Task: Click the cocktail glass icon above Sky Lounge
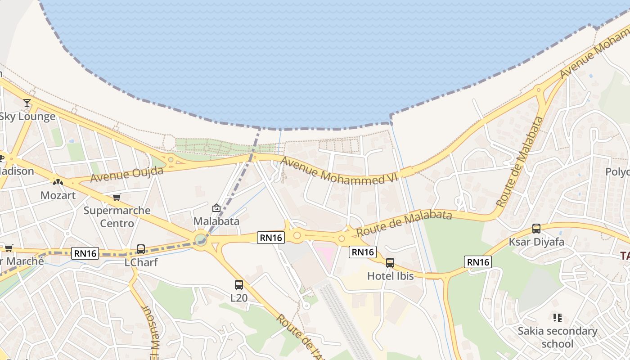tap(27, 103)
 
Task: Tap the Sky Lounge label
tap(27, 117)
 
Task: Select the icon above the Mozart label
tap(58, 182)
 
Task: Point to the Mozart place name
tap(58, 196)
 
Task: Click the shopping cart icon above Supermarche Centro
tap(117, 197)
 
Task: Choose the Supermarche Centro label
tap(117, 216)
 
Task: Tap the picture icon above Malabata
tap(216, 208)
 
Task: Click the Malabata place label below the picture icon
tap(216, 221)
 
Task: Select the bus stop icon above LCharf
tap(141, 249)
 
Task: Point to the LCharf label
tap(141, 262)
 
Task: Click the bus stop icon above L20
tap(239, 284)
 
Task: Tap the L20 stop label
tap(239, 298)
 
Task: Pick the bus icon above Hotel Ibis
tap(390, 262)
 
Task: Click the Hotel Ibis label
tap(390, 276)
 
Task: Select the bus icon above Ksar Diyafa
tap(536, 228)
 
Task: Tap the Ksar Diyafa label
tap(536, 242)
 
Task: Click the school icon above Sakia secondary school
tap(558, 318)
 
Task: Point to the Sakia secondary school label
tap(558, 337)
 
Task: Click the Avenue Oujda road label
tap(127, 174)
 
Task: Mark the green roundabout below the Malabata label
tap(201, 238)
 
